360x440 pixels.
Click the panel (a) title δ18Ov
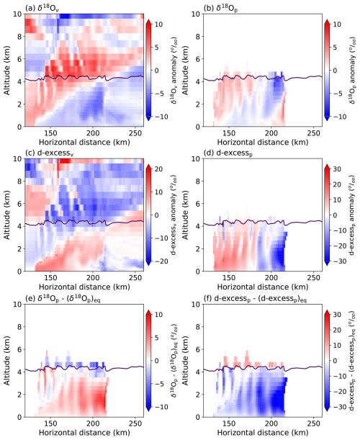coord(42,9)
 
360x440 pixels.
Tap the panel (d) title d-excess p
coord(228,153)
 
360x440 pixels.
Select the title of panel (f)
coord(255,299)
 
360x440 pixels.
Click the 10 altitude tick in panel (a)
coord(18,14)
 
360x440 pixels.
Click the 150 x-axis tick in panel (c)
coord(50,278)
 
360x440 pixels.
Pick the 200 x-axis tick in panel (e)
coord(93,423)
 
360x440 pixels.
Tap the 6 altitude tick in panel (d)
coord(198,204)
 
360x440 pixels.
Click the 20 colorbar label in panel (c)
coord(158,169)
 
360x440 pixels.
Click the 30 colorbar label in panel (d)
coord(337,169)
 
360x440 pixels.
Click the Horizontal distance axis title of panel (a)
coord(84,143)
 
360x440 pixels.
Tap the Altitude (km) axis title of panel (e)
coord(6,361)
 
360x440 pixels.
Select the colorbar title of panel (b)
coord(352,70)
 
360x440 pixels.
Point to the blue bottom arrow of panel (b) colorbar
coord(327,118)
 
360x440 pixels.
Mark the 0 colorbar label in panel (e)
coord(156,361)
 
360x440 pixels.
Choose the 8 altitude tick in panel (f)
coord(198,327)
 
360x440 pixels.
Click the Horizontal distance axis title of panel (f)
coord(263,432)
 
